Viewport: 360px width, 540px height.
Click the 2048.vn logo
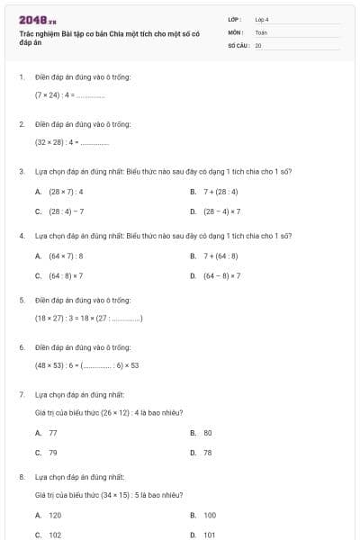[x=38, y=19]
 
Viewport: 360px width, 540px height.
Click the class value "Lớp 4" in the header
[x=262, y=19]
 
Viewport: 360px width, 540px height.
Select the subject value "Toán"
[x=262, y=31]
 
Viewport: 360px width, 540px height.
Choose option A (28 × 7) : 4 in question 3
[x=66, y=192]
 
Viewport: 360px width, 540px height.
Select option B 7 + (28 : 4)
[x=222, y=192]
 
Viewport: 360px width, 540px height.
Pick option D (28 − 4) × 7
[x=222, y=211]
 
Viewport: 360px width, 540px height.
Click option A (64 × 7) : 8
[x=66, y=256]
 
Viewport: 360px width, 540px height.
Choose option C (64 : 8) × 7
[x=66, y=275]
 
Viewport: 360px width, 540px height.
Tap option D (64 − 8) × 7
[x=222, y=275]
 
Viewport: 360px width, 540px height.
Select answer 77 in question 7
[x=53, y=433]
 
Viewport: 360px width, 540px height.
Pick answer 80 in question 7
[x=208, y=433]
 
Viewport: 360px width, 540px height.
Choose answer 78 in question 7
[x=208, y=453]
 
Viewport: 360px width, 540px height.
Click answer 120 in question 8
[x=55, y=515]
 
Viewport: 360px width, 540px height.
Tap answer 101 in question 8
[x=209, y=535]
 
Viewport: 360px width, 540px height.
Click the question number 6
[x=21, y=346]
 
